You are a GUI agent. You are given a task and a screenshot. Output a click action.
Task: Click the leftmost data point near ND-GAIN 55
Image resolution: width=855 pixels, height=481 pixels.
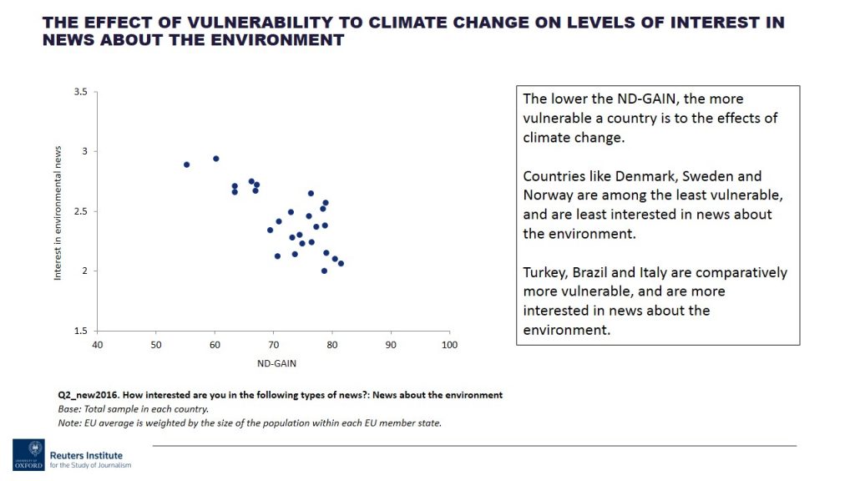(186, 165)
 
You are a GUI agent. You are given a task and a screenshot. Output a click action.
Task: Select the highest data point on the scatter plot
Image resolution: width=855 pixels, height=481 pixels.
(215, 159)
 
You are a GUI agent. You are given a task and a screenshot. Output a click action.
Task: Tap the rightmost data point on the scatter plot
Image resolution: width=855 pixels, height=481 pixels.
(341, 263)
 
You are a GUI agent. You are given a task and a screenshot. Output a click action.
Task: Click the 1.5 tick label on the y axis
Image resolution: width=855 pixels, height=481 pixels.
(82, 331)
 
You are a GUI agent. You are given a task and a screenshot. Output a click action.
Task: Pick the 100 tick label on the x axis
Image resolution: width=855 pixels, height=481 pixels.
(450, 345)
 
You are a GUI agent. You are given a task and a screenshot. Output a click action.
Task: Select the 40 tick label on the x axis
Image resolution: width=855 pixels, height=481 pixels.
(98, 345)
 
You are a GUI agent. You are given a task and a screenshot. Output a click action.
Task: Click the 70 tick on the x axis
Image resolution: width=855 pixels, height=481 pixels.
(274, 345)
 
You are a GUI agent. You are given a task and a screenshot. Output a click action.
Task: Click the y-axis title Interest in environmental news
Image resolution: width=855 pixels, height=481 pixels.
(58, 211)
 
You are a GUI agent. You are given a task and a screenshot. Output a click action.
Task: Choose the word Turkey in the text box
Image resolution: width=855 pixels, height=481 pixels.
(545, 272)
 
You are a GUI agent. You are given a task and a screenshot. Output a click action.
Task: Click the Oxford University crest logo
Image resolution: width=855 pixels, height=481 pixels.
(28, 454)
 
